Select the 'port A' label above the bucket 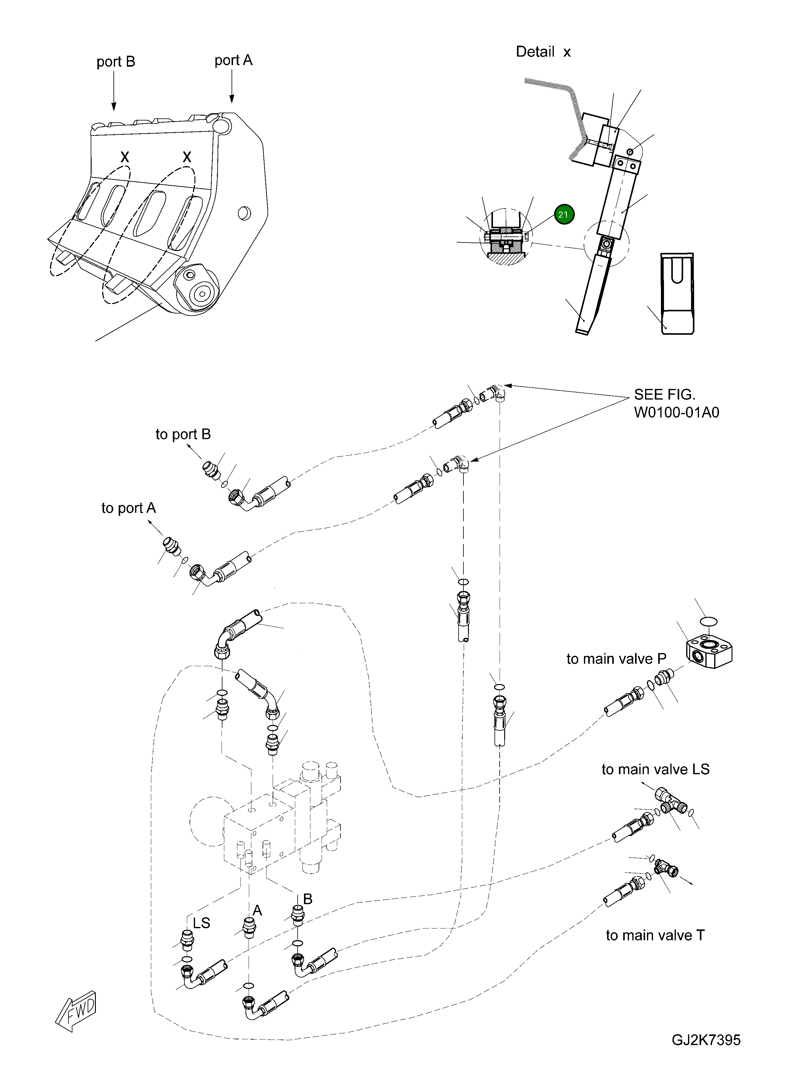[233, 61]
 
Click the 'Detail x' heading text [543, 52]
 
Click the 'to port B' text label [183, 434]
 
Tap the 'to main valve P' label [616, 659]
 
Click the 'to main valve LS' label [655, 770]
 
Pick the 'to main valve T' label [655, 935]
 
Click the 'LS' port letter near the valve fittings [201, 923]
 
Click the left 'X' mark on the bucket [124, 156]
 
